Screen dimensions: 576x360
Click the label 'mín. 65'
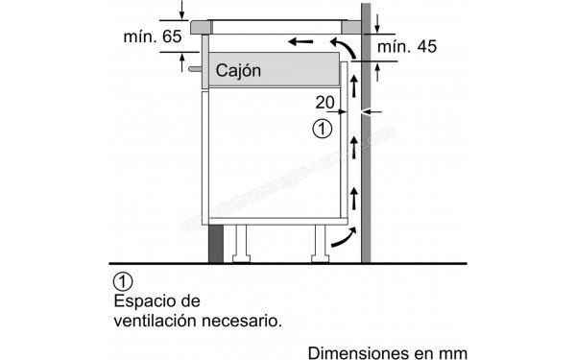click(x=153, y=38)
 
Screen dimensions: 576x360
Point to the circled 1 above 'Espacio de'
click(x=122, y=281)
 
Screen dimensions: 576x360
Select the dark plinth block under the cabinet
click(x=216, y=243)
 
